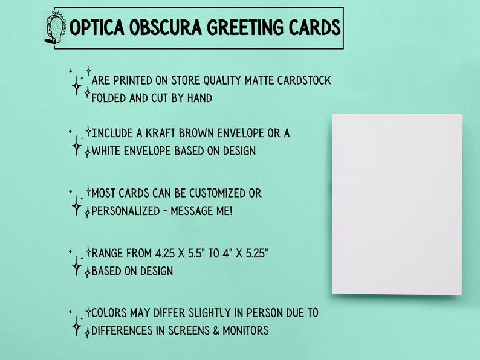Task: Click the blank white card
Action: (x=397, y=204)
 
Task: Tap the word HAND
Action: (x=199, y=97)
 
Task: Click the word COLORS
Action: (x=110, y=313)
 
